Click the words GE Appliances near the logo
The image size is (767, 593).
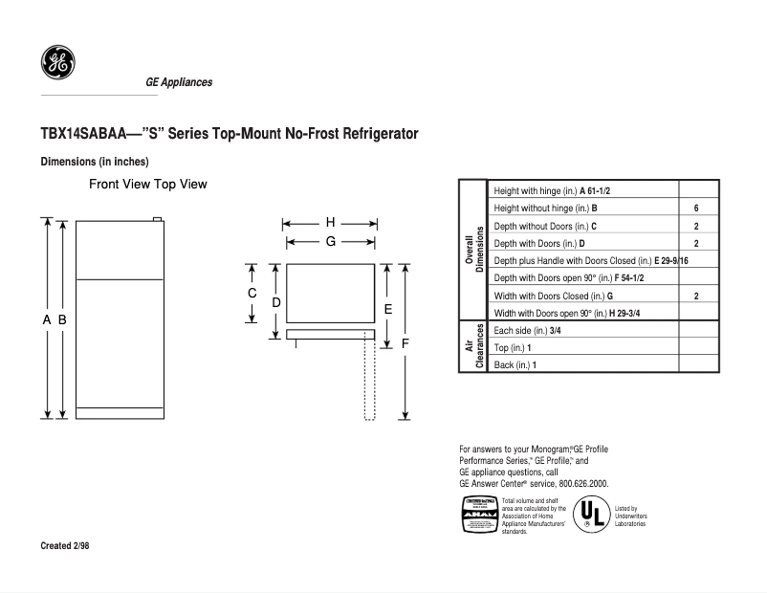coord(179,82)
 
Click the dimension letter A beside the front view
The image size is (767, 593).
coord(46,320)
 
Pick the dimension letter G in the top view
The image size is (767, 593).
coord(330,242)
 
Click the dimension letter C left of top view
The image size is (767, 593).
coord(252,293)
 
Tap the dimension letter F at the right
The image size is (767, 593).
coord(405,342)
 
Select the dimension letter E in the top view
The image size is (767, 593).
coord(387,309)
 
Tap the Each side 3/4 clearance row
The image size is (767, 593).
coord(527,330)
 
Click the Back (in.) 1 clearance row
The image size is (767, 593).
coord(515,364)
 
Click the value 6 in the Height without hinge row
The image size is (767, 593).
coord(696,209)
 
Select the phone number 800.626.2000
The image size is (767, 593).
coord(578,484)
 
